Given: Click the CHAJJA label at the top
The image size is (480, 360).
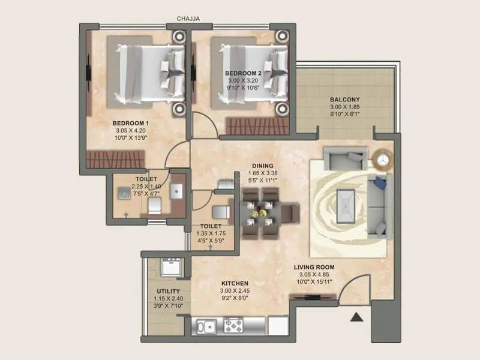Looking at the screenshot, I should click(x=188, y=19).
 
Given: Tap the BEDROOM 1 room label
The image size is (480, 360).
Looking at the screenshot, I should click(x=130, y=124).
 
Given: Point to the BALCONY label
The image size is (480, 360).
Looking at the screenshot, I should click(x=344, y=100).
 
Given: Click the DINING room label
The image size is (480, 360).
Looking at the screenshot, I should click(x=263, y=166).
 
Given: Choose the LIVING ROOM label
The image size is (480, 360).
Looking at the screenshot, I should click(x=314, y=267).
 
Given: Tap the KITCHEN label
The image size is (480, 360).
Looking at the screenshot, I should click(x=235, y=283).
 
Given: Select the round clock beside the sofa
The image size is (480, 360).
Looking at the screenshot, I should click(x=382, y=158).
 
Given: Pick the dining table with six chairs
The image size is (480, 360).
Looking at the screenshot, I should click(x=263, y=212).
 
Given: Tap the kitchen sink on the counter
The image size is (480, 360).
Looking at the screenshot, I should click(x=207, y=327).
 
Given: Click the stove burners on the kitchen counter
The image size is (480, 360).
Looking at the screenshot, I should click(x=233, y=326).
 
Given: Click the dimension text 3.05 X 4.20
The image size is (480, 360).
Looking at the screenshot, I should click(x=130, y=131).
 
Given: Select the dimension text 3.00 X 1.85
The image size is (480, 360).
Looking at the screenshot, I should click(x=344, y=107).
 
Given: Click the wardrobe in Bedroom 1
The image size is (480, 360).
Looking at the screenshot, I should click(x=116, y=159).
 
